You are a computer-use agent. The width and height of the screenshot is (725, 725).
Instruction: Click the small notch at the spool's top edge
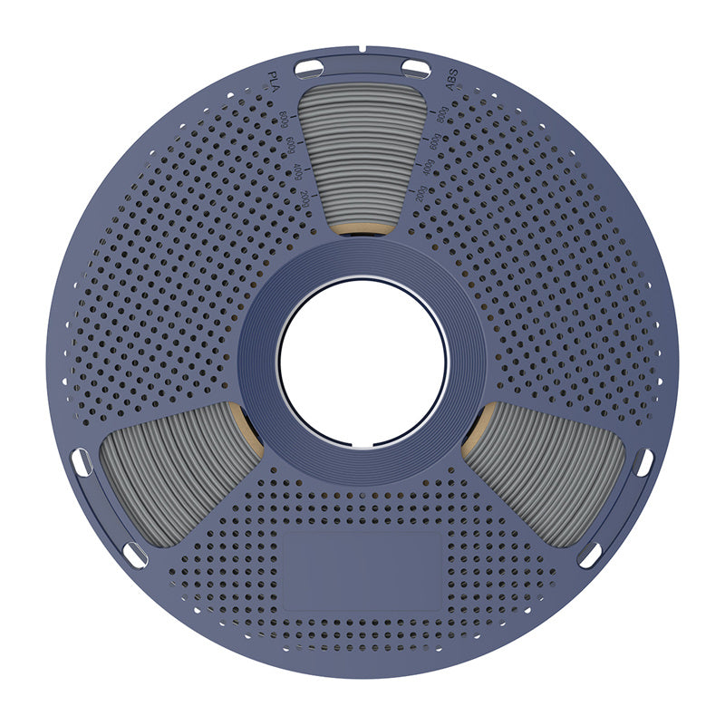(x=362, y=47)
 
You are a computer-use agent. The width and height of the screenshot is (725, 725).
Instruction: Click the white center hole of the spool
(x=362, y=362)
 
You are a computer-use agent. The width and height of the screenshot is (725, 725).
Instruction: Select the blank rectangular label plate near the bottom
(x=362, y=569)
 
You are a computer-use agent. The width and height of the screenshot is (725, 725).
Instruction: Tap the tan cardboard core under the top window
(x=362, y=227)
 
